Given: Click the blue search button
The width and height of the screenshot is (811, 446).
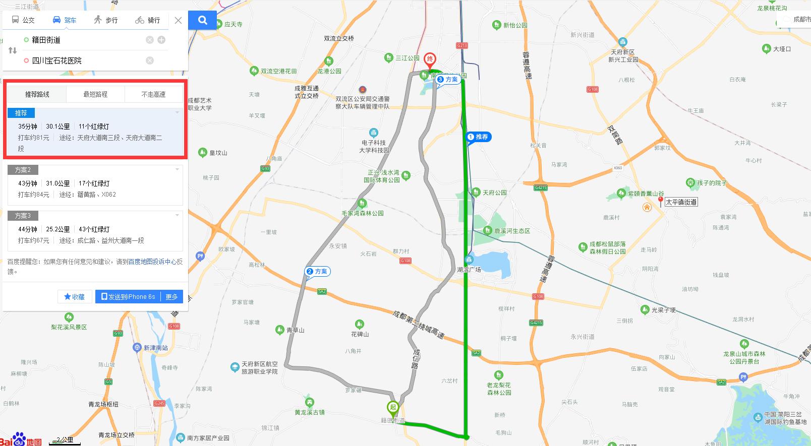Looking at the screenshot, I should [202, 20].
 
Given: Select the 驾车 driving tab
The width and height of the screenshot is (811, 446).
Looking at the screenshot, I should [65, 20].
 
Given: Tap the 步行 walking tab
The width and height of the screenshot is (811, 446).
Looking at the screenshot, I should [106, 20].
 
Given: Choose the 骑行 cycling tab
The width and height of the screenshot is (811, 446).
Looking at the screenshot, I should [148, 20].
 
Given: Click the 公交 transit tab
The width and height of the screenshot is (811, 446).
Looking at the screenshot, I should [23, 20].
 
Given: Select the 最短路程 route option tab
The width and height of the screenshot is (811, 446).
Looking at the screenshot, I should [95, 94].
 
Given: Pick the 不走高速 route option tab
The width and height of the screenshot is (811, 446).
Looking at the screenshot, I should [153, 94].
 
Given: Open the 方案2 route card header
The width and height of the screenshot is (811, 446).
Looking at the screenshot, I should [23, 170].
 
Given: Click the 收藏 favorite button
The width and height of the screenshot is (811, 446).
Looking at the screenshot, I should [75, 297].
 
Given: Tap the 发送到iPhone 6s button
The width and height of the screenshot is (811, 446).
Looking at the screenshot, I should [128, 297].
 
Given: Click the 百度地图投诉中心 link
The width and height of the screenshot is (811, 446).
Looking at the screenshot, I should [152, 262].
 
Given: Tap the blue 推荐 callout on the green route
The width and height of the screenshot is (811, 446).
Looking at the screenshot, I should [478, 137].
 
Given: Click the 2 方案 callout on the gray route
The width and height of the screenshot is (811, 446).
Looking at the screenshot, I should [317, 271].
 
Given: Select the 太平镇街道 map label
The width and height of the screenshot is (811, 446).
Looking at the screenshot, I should [681, 202].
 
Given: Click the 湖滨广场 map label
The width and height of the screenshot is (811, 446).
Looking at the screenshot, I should [469, 270].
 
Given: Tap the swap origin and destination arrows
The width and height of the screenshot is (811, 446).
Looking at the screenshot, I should [13, 50].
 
